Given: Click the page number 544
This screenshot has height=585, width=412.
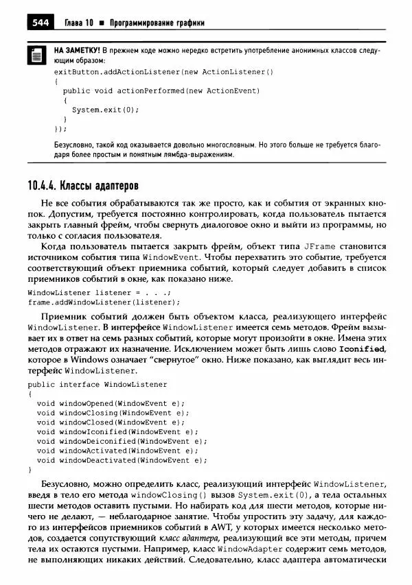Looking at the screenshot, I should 40,23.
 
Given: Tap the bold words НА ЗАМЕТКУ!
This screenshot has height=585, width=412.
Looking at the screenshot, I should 77,51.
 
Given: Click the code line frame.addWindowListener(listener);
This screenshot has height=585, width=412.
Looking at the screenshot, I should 104,302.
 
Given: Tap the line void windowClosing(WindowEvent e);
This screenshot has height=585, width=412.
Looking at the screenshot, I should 113,413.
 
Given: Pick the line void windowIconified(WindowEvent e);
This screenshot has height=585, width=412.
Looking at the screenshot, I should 117,432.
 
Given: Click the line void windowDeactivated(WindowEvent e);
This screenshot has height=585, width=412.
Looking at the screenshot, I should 122,460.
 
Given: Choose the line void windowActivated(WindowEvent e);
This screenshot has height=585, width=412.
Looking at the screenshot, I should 117,451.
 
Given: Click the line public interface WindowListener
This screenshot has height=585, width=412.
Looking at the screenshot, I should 97,385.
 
